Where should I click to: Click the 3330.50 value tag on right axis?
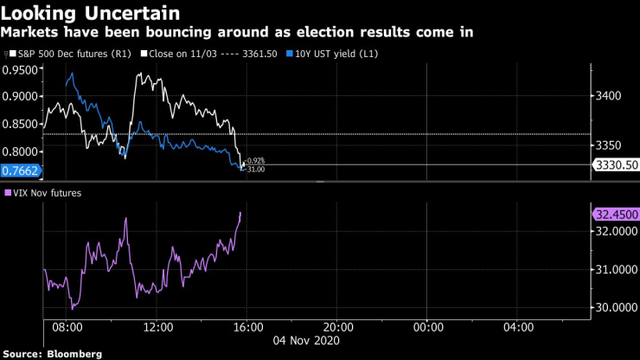pos(615,164)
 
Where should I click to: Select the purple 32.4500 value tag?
pos(615,214)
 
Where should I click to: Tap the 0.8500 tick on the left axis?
pos(21,123)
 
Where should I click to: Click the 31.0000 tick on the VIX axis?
pos(617,270)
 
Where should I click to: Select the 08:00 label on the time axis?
pos(67,328)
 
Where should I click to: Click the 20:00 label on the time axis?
pos(336,328)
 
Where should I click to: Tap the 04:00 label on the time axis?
pos(516,328)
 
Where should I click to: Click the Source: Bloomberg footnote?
pos(53,353)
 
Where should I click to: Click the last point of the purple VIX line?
pos(240,213)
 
